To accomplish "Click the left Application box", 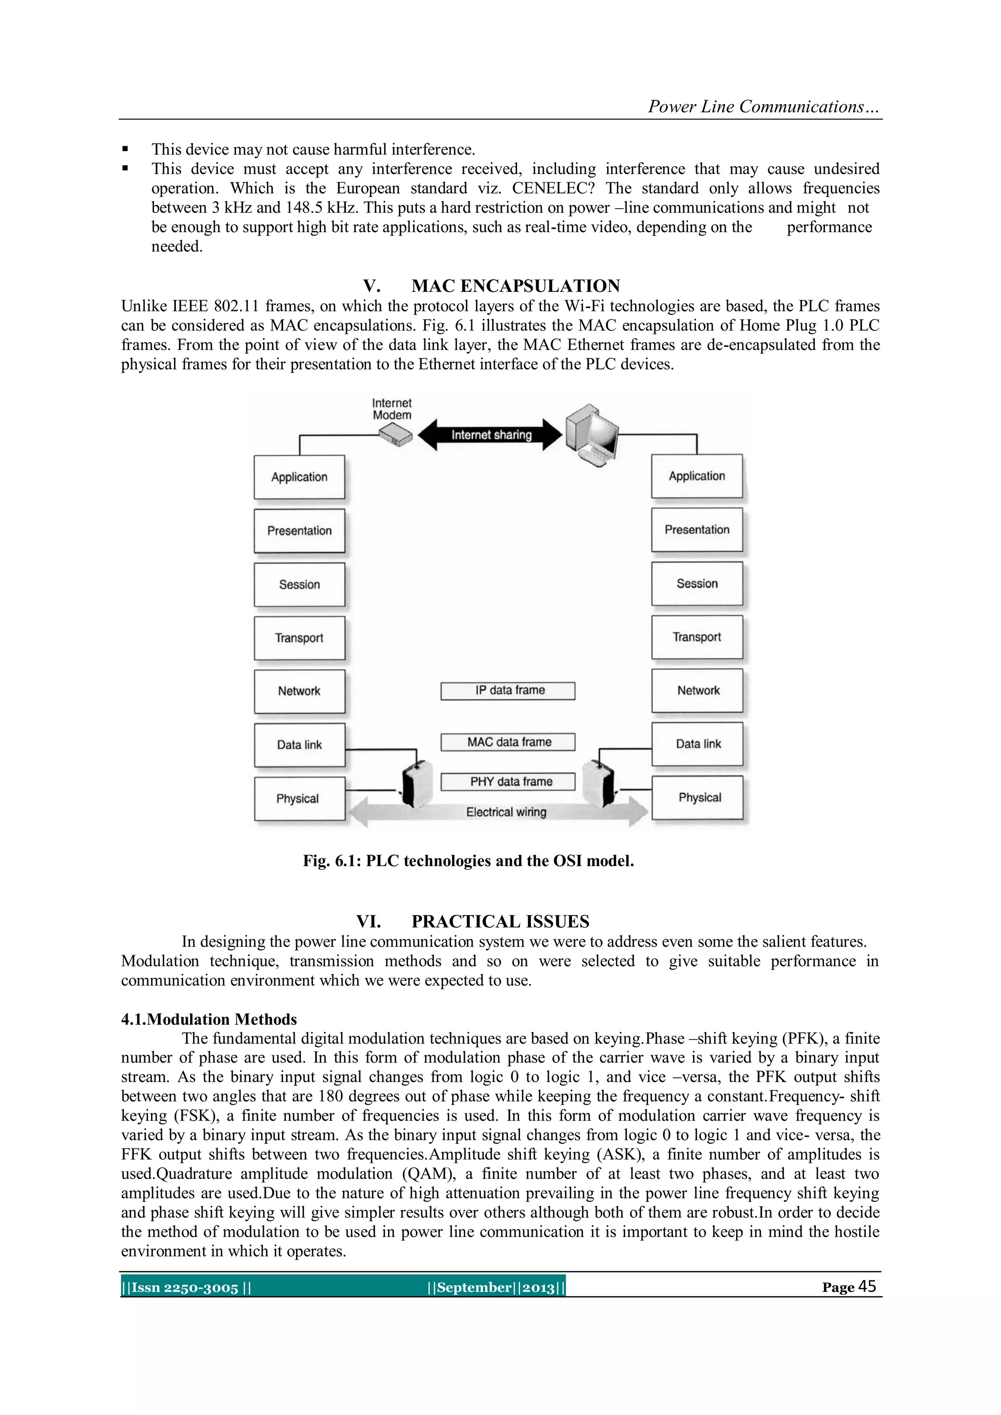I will [x=299, y=477].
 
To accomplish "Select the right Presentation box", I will [x=696, y=530].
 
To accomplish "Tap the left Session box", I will [x=299, y=584].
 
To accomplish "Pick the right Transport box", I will [x=696, y=637].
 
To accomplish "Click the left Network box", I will [x=299, y=691].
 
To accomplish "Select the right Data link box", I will [x=697, y=744].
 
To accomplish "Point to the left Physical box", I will [x=299, y=798].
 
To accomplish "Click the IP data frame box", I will [x=508, y=691].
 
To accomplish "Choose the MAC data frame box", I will [x=508, y=742].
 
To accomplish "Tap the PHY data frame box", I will [x=508, y=782].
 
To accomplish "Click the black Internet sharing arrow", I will [x=490, y=435].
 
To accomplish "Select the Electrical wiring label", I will [x=506, y=812].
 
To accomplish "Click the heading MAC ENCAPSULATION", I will [x=515, y=286].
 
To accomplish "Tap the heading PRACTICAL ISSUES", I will [x=500, y=921].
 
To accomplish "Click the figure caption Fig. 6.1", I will [x=468, y=861].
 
